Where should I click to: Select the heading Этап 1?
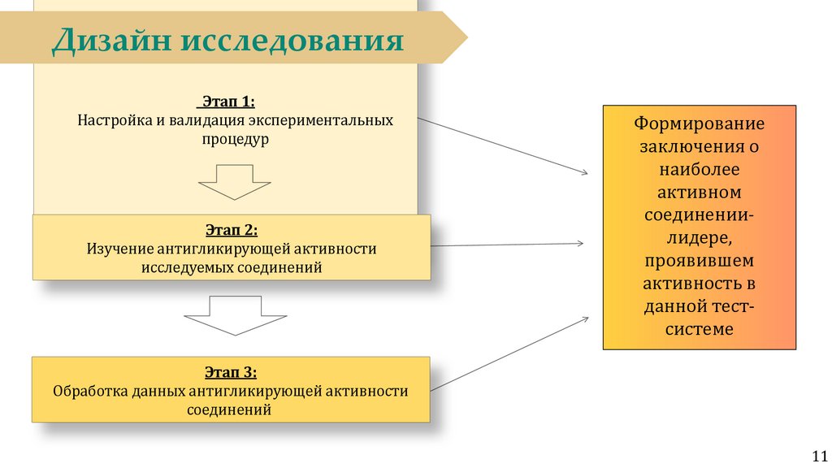(x=226, y=102)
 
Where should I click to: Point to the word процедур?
(x=235, y=139)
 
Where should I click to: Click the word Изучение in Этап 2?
(x=119, y=249)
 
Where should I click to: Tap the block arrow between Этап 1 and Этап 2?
(x=234, y=181)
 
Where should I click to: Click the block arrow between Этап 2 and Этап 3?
(x=234, y=315)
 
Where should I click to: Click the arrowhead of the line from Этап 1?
(x=584, y=171)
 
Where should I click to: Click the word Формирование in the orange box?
(x=700, y=126)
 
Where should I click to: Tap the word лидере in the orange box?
(x=700, y=239)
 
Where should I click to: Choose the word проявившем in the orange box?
(x=700, y=262)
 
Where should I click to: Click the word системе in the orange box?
(x=700, y=329)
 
